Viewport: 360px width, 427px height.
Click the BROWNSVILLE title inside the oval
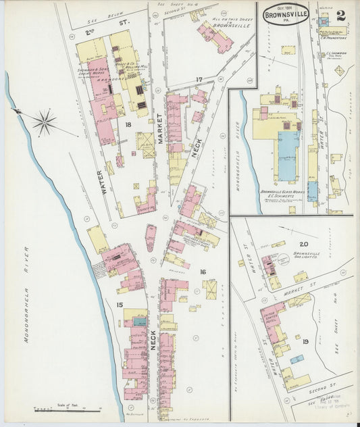pos(287,13)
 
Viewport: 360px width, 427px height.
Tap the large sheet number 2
pos(340,15)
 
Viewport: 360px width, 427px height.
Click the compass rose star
pos(44,122)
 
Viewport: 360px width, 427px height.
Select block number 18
pos(127,125)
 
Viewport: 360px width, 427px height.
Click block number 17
pos(199,80)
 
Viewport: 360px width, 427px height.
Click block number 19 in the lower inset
pos(305,342)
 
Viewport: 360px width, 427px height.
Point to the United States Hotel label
pos(270,317)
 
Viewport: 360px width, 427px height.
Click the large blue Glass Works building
pos(288,156)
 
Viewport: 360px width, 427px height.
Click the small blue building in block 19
pos(296,359)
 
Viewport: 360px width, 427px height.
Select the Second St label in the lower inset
pos(324,390)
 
